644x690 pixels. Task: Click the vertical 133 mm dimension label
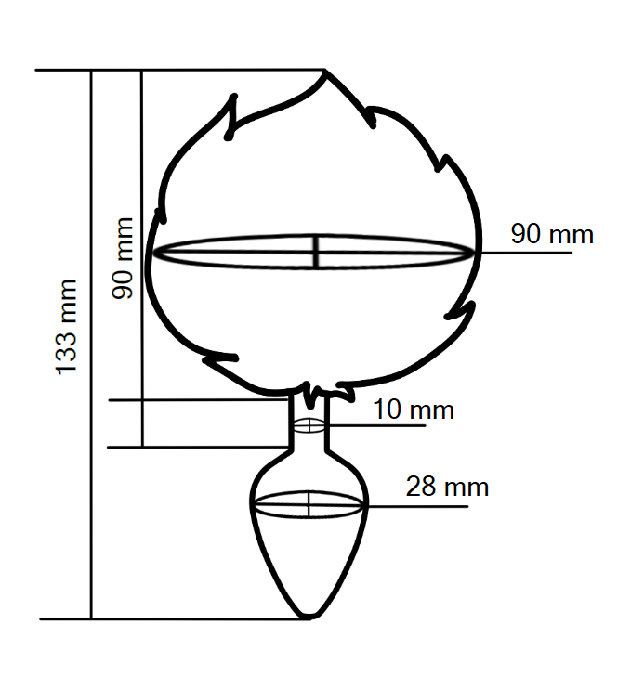click(x=66, y=327)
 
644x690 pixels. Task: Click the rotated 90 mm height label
click(x=122, y=258)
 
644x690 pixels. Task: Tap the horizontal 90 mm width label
click(x=552, y=234)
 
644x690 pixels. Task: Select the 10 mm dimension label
click(x=414, y=410)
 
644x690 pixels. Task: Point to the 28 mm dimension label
click(x=447, y=487)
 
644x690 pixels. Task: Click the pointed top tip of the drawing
click(x=324, y=71)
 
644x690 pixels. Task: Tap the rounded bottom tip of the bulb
click(x=309, y=616)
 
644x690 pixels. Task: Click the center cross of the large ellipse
click(x=316, y=252)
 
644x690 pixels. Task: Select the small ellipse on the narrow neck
click(x=309, y=425)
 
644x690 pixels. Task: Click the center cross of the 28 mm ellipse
click(x=309, y=504)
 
